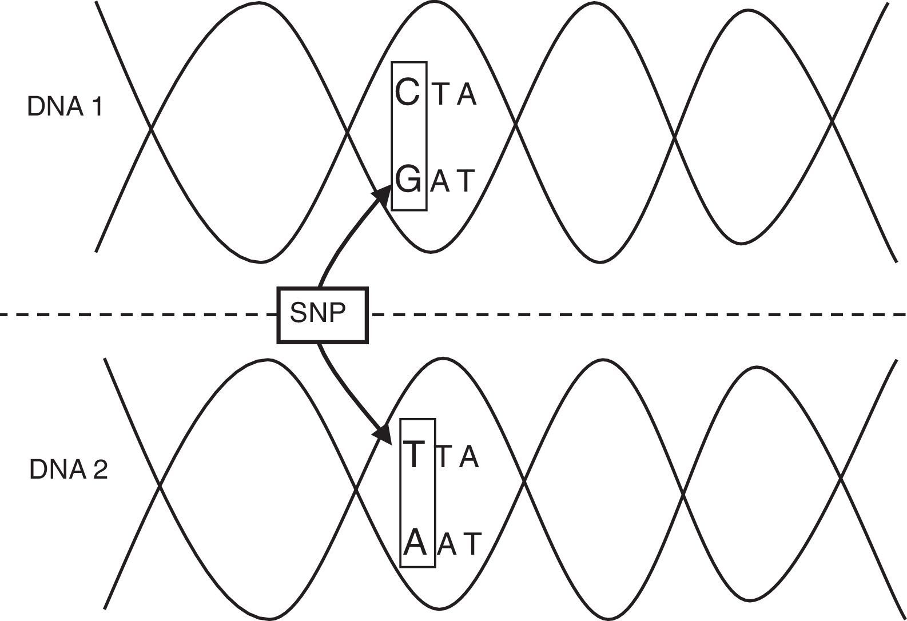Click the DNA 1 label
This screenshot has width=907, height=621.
click(65, 107)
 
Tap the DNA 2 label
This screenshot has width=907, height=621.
click(68, 470)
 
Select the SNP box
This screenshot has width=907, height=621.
click(323, 315)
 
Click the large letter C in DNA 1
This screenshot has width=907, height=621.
click(408, 93)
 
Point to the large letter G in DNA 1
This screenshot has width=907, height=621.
click(408, 180)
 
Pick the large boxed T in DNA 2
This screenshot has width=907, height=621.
click(414, 454)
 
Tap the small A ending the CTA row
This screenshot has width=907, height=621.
click(466, 94)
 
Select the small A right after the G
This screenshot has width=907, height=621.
click(440, 182)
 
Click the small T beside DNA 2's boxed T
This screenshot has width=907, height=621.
click(445, 456)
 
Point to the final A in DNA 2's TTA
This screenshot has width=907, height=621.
click(468, 456)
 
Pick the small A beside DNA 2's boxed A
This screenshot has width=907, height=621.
click(447, 545)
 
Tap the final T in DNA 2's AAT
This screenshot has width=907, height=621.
click(472, 545)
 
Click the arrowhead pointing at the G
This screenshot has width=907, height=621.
click(382, 193)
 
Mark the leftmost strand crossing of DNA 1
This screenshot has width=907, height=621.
click(151, 129)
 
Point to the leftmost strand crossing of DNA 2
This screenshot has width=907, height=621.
click(160, 487)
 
